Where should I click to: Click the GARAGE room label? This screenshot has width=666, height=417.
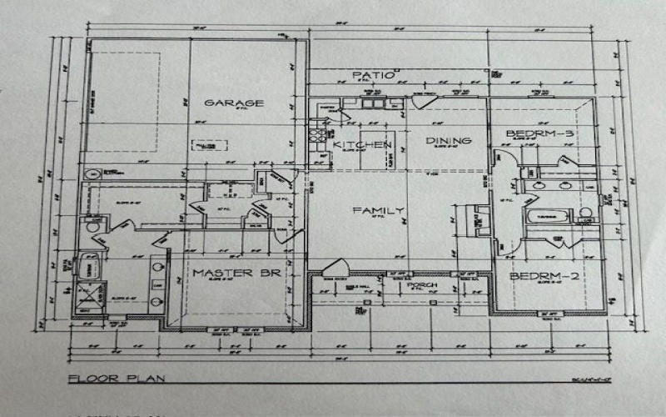point(234,103)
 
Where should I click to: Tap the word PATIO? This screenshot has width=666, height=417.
point(371,75)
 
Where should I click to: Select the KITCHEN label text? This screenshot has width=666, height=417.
point(362,145)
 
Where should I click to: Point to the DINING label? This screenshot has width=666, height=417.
point(449,141)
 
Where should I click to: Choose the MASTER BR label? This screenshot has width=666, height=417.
point(229,273)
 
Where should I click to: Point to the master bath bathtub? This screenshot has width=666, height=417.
point(87,267)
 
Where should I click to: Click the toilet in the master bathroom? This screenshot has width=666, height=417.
point(92,225)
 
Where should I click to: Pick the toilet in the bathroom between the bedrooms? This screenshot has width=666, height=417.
point(586,215)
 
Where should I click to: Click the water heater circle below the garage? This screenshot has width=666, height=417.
point(91,173)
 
